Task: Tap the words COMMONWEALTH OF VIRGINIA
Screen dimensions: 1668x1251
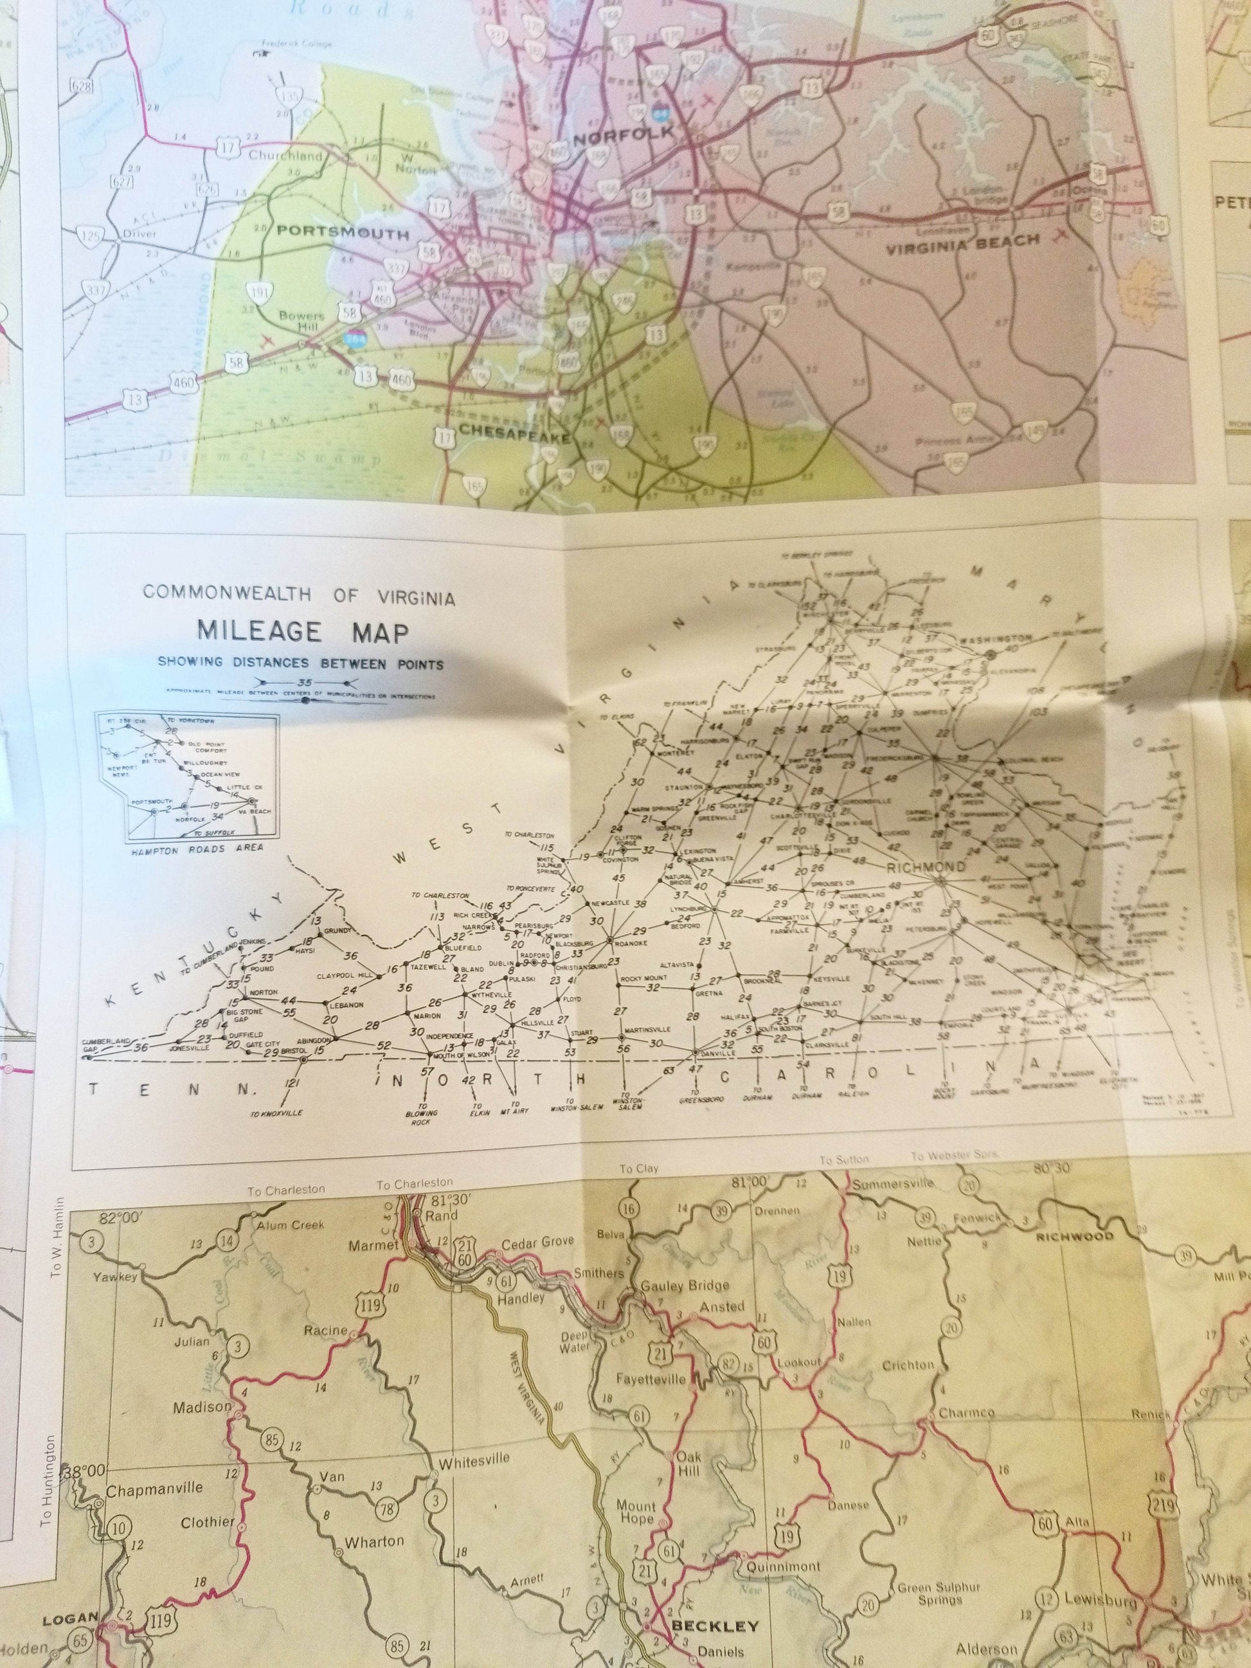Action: click(300, 594)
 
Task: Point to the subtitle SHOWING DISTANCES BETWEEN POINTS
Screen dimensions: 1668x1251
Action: click(300, 663)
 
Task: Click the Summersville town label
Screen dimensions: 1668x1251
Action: click(893, 1185)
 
